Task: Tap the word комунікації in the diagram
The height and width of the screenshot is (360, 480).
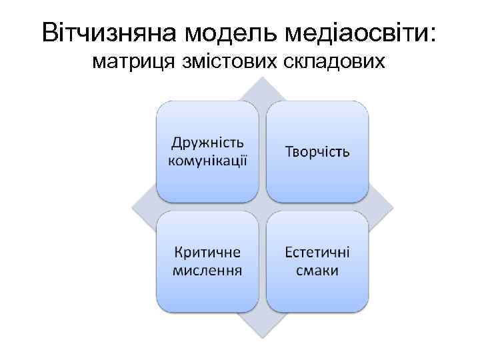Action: click(207, 160)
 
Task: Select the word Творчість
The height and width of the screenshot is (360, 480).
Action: click(317, 152)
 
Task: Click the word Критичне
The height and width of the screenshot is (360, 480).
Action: click(207, 254)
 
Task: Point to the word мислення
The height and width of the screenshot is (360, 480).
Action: click(207, 271)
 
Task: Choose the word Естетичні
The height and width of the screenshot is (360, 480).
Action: click(317, 254)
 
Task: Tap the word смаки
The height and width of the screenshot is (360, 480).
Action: click(317, 271)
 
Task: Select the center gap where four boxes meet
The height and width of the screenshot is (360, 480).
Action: click(263, 207)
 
